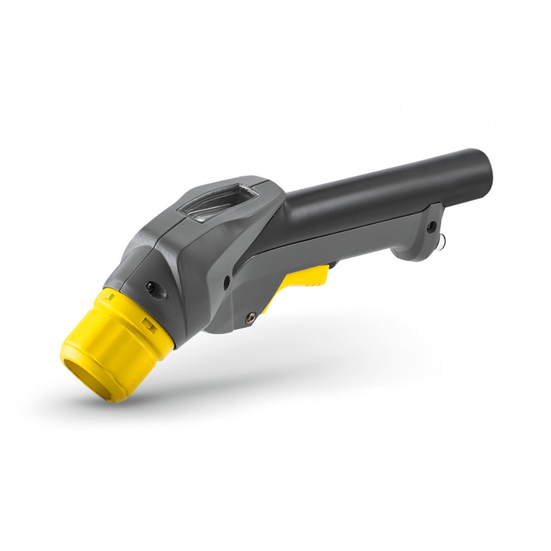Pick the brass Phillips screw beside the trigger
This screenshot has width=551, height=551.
pos(249,316)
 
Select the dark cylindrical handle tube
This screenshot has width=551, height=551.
pos(388,184)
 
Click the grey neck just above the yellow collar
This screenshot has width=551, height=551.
pos(133,275)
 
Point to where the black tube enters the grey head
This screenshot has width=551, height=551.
pos(286,204)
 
